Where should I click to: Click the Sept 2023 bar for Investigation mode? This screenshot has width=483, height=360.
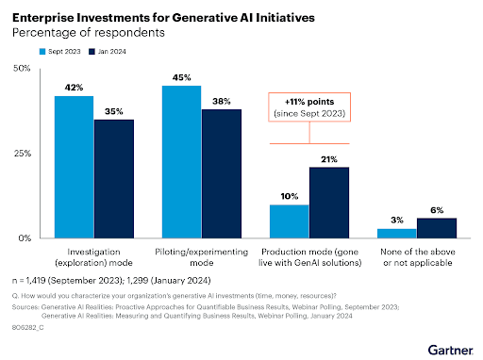73,167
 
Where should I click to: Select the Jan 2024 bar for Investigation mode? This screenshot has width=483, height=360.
113,178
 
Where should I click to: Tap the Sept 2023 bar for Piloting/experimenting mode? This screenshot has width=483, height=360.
181,161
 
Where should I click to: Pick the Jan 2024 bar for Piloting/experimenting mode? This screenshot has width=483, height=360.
221,173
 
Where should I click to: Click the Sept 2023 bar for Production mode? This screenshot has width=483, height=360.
289,221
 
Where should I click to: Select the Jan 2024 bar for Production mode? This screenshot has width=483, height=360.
329,202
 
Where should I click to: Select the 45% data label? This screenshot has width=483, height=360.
181,77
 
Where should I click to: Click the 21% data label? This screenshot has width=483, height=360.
329,158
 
